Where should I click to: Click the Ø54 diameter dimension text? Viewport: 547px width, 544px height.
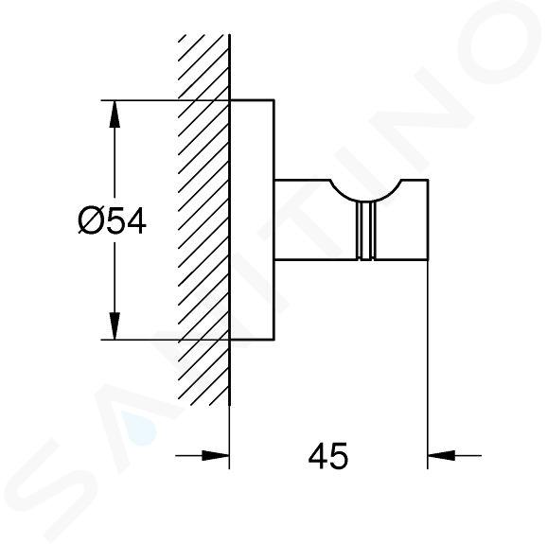coord(112,220)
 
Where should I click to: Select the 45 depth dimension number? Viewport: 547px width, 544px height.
coord(328,456)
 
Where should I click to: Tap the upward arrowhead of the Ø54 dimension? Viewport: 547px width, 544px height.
coord(115,114)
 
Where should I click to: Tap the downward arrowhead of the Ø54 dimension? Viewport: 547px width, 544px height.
coord(115,325)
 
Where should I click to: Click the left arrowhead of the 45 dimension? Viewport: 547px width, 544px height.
coord(216,455)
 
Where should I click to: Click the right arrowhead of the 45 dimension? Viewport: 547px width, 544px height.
coord(441,455)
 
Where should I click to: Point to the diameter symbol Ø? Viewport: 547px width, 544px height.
coord(92,220)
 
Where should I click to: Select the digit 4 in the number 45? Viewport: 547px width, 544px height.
coord(318,456)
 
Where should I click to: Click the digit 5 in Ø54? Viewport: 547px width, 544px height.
coord(115,220)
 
